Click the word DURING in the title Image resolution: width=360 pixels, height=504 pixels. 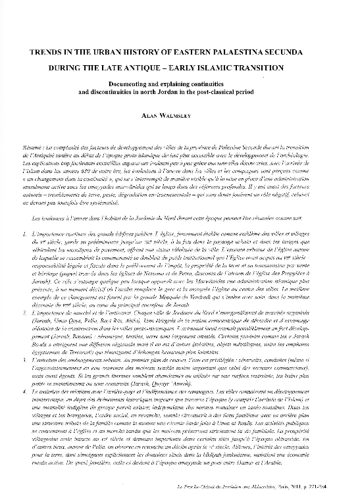pos(78,66)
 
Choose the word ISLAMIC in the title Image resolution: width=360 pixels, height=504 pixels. pos(240,66)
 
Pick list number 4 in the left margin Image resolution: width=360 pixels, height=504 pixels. pos(24,391)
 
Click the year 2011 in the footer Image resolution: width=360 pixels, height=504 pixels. pos(308,487)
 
